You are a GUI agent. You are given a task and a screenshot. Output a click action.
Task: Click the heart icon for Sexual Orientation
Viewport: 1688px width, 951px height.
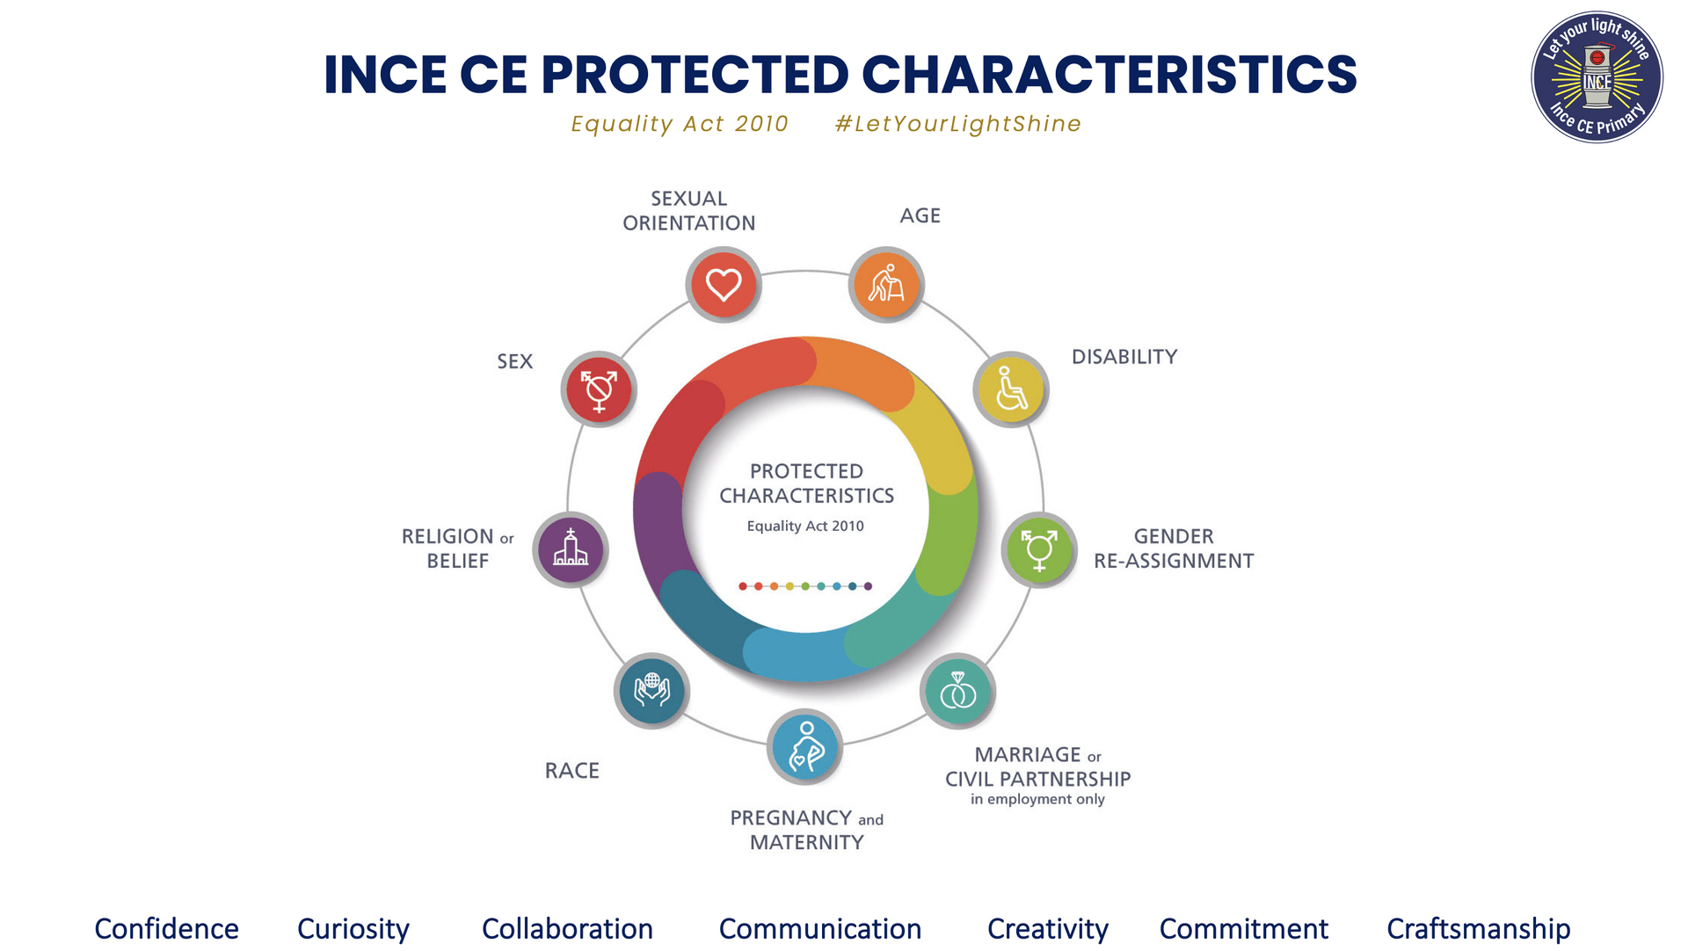coord(724,285)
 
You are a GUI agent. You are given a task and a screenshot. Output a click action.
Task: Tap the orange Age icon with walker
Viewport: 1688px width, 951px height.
coord(886,285)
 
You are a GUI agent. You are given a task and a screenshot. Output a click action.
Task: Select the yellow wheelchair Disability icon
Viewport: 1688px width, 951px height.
coord(1011,389)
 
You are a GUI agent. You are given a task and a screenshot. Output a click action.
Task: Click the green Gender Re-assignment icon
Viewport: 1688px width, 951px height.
coord(1039,550)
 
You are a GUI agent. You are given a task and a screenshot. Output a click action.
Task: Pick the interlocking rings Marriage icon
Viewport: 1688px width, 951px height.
coord(958,692)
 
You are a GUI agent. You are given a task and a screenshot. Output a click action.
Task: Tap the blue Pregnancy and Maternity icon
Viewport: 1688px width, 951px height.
coord(805,747)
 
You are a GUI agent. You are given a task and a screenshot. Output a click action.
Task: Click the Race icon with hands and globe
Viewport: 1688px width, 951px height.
coord(651,691)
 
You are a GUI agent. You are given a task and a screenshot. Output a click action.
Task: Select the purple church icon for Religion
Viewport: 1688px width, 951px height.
coord(571,550)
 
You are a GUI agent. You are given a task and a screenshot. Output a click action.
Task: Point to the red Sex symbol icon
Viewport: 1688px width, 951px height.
coord(599,389)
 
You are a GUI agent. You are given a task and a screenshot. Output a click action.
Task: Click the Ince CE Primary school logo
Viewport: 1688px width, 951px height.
coord(1597,77)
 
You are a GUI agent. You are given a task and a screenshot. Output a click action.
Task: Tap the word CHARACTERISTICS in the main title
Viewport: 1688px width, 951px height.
coord(1110,74)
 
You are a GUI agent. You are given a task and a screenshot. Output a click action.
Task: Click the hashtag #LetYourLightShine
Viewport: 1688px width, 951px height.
coord(958,124)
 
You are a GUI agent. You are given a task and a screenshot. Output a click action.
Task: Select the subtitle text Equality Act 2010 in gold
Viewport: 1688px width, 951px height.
coord(680,124)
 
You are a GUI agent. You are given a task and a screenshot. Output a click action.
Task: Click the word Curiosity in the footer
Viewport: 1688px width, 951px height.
coord(353,929)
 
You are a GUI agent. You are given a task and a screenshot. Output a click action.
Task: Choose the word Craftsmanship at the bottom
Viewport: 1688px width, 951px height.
coord(1479,929)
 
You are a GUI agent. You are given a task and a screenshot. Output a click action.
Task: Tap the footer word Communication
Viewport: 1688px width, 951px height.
coord(820,929)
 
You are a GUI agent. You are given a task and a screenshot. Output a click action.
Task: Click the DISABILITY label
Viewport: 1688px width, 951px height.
coord(1124,357)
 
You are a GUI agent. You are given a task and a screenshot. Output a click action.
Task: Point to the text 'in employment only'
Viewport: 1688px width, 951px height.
coord(1037,799)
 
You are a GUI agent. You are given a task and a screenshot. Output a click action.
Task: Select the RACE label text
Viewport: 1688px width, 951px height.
coord(572,771)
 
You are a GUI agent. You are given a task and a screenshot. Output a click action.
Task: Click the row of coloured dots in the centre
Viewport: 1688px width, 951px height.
coord(805,586)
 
